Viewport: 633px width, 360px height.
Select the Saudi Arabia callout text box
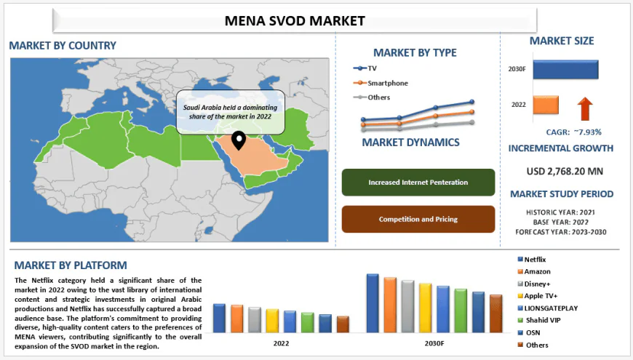point(231,111)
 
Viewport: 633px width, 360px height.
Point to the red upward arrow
point(585,109)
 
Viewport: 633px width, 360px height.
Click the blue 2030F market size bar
point(565,69)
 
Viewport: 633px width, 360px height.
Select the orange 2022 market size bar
point(546,105)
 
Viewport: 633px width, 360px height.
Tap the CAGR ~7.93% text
point(574,132)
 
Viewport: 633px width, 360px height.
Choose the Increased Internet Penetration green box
point(418,183)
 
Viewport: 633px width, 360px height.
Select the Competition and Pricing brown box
point(418,219)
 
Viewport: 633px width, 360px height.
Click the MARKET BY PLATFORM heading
point(71,265)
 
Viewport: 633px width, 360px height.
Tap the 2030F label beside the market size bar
point(517,69)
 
